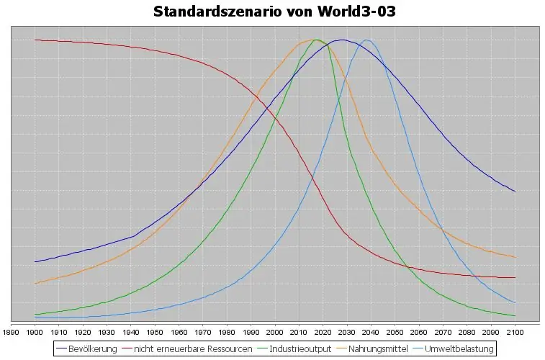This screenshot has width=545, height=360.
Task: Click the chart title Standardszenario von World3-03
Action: pos(274,12)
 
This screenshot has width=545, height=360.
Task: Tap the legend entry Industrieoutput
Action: pos(299,349)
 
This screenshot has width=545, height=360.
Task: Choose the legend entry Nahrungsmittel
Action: pos(379,349)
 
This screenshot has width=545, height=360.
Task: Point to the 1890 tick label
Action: pos(11,332)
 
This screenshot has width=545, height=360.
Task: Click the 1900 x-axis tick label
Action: pos(35,332)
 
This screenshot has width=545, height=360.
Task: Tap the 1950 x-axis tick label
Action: pos(155,332)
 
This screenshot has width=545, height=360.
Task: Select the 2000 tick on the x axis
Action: pos(274,332)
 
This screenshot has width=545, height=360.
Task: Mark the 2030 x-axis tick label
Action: pos(346,332)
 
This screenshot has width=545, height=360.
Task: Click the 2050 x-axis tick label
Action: pos(395,332)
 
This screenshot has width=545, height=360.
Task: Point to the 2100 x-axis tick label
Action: pos(514,332)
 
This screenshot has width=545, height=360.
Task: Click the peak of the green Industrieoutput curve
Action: pos(316,40)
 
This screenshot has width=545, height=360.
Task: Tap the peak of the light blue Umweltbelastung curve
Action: pos(366,40)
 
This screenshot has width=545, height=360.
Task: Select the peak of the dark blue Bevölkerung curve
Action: pos(342,40)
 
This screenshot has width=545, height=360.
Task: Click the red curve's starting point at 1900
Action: pos(35,40)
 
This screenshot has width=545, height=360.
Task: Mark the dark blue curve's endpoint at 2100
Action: pos(515,192)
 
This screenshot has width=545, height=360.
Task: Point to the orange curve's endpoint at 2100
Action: pos(515,257)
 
